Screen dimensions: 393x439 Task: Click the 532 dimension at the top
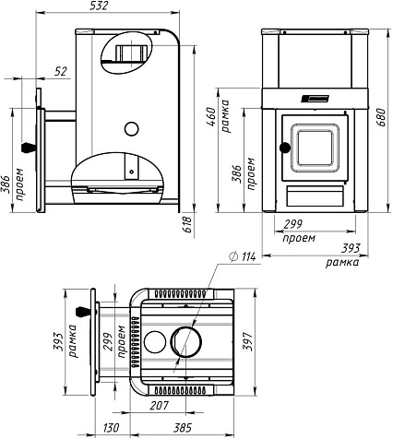click(99, 6)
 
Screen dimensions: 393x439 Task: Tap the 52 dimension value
click(61, 72)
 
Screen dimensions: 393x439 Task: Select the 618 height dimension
click(188, 224)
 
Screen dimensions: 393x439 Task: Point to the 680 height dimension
click(380, 118)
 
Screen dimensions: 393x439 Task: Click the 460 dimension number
click(211, 117)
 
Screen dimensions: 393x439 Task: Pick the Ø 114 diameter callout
click(243, 256)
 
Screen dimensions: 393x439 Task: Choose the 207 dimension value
click(160, 406)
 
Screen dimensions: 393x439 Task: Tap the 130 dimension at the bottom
click(111, 428)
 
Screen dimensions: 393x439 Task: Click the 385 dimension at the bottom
click(183, 428)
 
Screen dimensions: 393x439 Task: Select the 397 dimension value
click(247, 341)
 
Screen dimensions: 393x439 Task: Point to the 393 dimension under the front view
click(351, 248)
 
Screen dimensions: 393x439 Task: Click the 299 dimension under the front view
click(293, 224)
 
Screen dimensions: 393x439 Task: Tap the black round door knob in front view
click(285, 148)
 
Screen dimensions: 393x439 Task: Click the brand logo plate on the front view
click(316, 99)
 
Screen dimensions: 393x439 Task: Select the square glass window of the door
click(315, 148)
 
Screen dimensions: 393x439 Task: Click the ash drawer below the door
click(315, 196)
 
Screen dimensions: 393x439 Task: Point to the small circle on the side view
click(131, 129)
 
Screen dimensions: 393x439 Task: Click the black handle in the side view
click(29, 148)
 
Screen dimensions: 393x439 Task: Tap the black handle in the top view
click(83, 312)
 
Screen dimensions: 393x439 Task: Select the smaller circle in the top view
click(155, 341)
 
